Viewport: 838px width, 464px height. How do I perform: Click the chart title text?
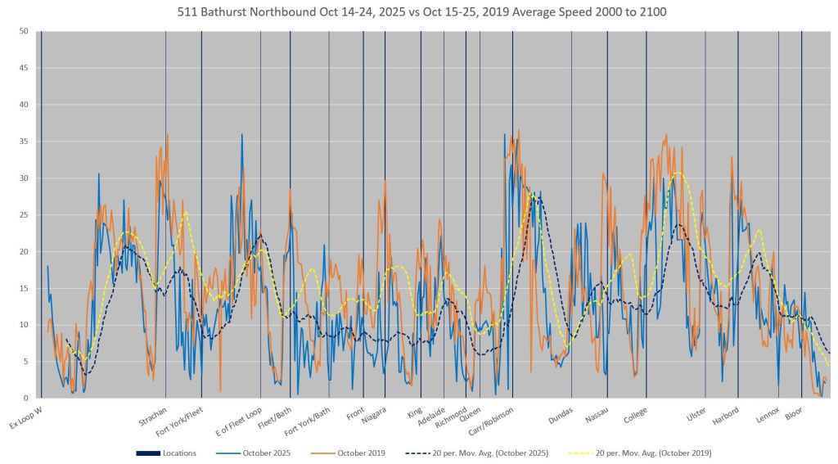coord(418,13)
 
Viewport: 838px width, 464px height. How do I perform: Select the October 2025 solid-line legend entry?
coord(254,453)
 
